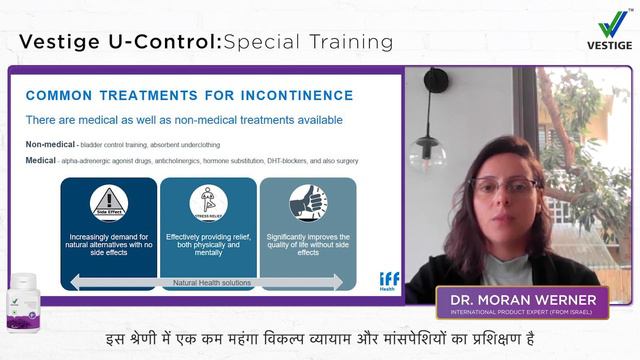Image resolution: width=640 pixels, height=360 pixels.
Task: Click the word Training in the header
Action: coord(343,42)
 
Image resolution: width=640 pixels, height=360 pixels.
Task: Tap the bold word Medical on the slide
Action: coord(41,159)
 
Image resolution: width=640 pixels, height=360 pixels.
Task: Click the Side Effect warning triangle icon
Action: coord(109,203)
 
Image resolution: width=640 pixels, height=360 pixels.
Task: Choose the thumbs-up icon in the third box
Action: coord(308,203)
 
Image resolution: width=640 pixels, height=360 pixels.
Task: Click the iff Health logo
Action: coord(388,280)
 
